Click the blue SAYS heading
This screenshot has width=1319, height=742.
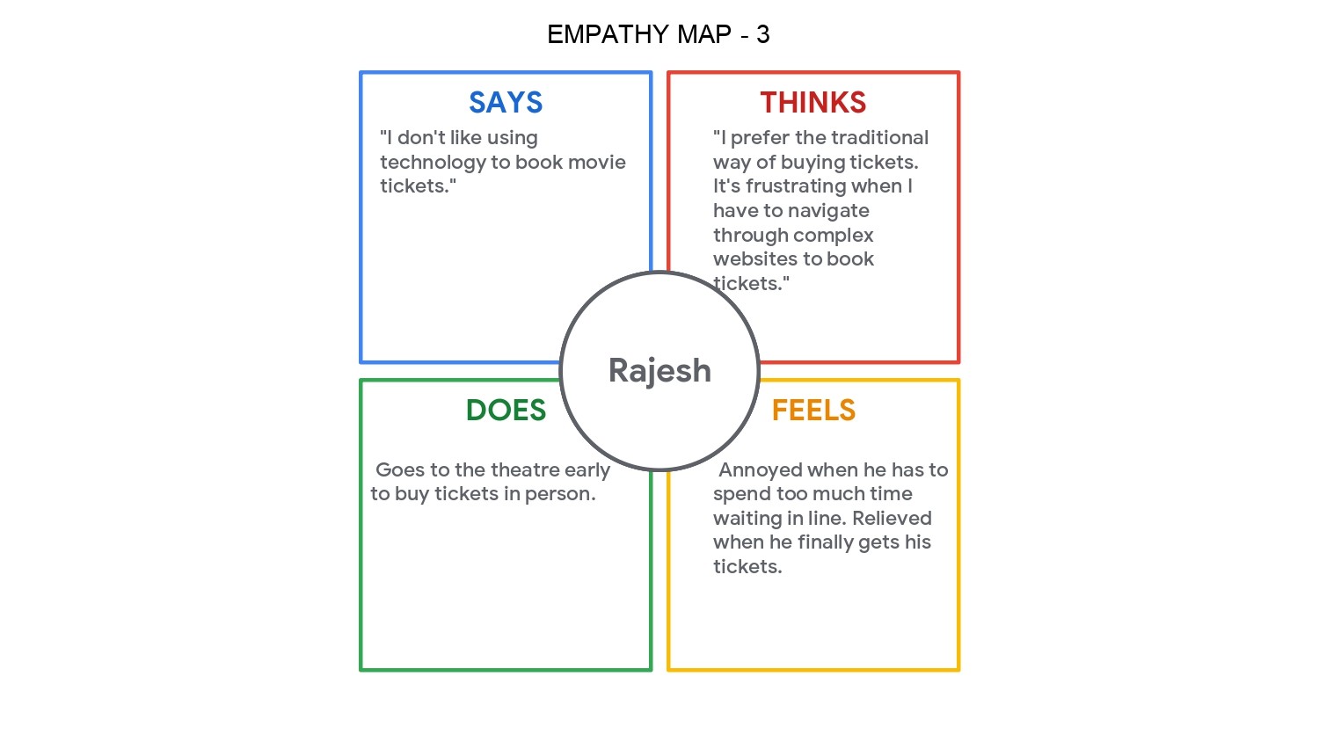point(506,103)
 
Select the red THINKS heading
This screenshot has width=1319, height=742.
point(813,103)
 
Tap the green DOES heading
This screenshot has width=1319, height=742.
point(506,411)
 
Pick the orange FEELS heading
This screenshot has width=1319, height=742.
point(813,411)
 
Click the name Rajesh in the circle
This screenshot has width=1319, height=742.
point(659,371)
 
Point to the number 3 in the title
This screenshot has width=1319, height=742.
point(762,34)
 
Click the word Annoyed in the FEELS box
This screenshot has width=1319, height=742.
point(760,470)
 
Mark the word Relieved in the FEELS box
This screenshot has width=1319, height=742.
point(892,519)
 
